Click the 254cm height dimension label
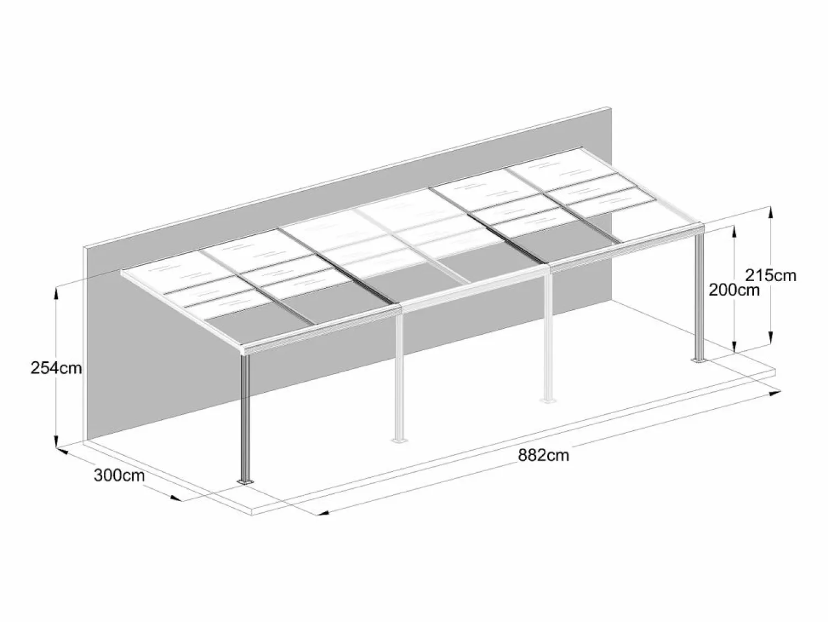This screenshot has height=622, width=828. click(56, 368)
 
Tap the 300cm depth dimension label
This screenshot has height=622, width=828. click(119, 475)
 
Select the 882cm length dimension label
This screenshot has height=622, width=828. click(544, 455)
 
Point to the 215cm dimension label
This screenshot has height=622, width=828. click(771, 276)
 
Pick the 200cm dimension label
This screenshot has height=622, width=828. click(734, 290)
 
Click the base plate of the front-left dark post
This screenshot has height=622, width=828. click(245, 482)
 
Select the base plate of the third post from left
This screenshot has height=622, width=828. click(549, 400)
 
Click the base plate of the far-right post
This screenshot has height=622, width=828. click(699, 361)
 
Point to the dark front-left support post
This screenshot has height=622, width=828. click(245, 417)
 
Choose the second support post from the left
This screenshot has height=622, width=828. click(399, 376)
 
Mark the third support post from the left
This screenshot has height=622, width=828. click(549, 336)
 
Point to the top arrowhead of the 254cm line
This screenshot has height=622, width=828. click(57, 293)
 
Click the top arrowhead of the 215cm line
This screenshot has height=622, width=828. click(770, 213)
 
